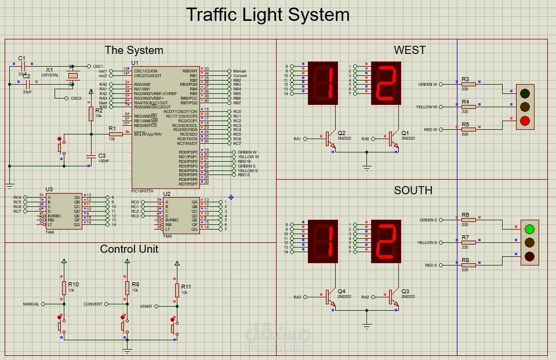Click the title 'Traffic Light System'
pos(267,14)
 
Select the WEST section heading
pos(409,50)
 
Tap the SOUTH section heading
pos(413,190)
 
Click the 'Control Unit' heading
pos(129,249)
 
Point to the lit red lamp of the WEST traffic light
pos(525,121)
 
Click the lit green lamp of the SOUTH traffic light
pos(529,228)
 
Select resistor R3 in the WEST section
pos(468,84)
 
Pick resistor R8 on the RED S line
pos(468,265)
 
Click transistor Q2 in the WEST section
pos(329,139)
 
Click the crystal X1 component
pos(73,75)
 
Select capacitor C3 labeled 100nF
pos(90,157)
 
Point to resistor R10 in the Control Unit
pos(64,288)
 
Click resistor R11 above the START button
pos(177,290)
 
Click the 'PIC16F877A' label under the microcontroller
pos(143,190)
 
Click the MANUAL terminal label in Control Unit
pos(31,304)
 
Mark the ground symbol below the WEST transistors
pos(366,168)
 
